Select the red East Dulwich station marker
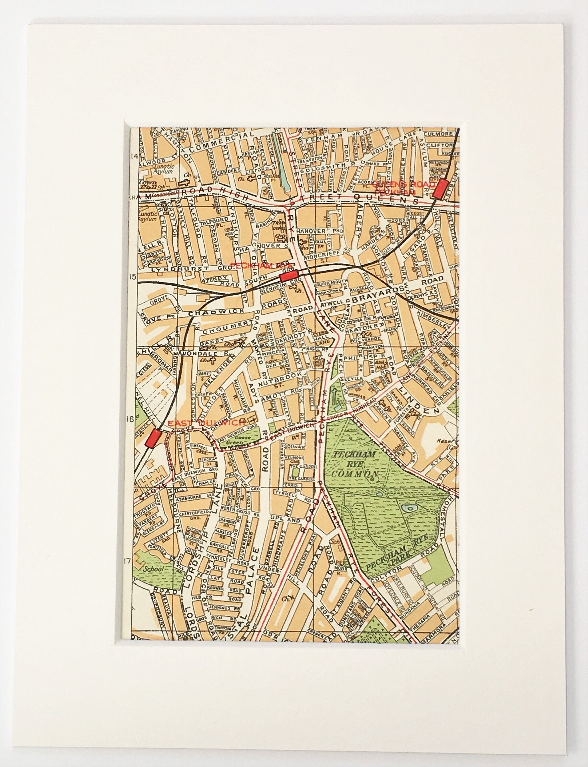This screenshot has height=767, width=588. tap(153, 439)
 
